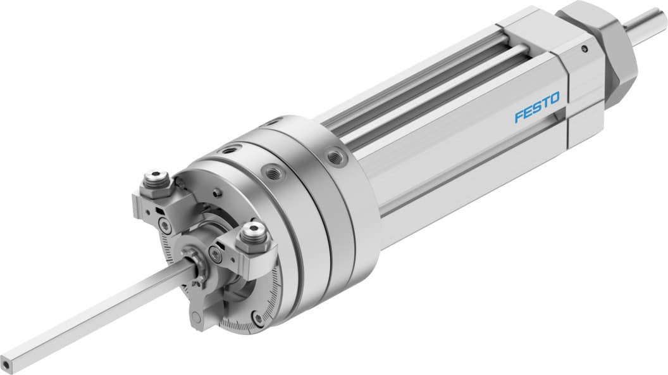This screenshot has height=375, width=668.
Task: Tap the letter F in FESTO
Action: (x=519, y=116)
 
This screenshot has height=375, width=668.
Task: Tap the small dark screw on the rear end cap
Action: (x=585, y=48)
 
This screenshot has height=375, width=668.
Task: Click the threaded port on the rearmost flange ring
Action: (x=335, y=156)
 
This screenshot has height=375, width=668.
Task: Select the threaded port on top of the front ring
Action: (x=226, y=152)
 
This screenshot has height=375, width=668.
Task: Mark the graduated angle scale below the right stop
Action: (x=272, y=291)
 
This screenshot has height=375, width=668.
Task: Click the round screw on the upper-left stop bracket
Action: (x=166, y=223)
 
